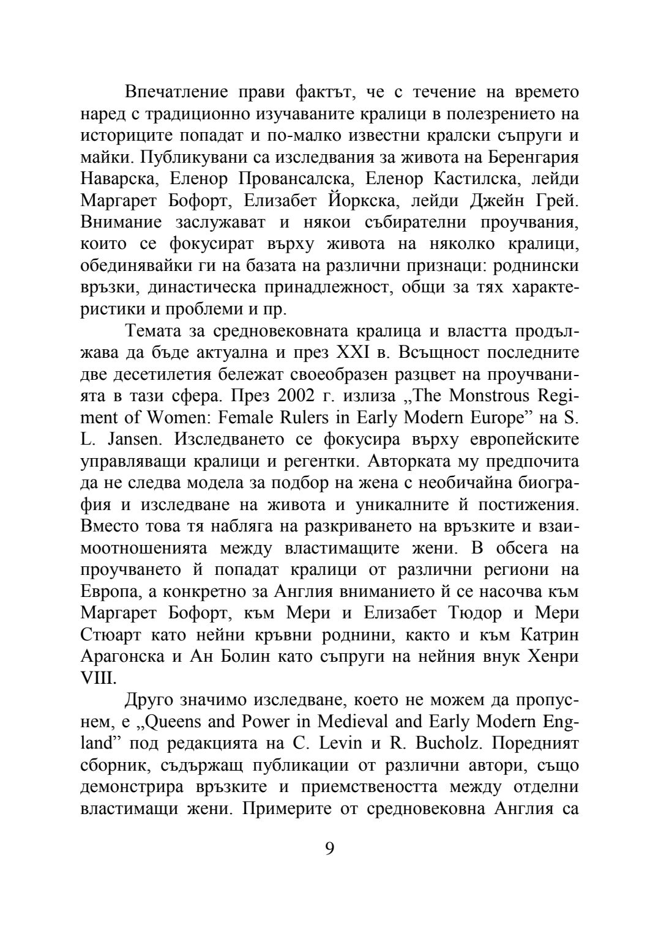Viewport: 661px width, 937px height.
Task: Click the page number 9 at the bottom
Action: click(x=330, y=848)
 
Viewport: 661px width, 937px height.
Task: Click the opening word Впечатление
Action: click(x=176, y=92)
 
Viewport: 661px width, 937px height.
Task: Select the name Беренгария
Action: click(x=534, y=157)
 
